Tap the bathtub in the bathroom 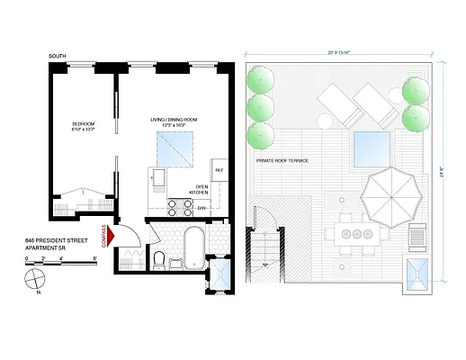(x=193, y=247)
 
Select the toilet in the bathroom (x=159, y=262)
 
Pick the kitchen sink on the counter (x=157, y=176)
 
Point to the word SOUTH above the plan (x=60, y=56)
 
